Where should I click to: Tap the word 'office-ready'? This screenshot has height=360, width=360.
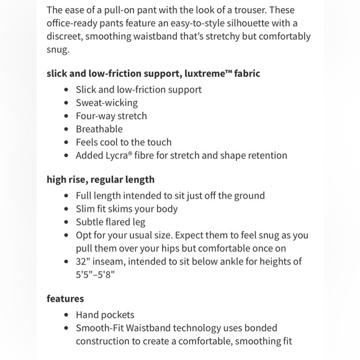74,23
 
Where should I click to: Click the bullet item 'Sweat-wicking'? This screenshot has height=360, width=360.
107,102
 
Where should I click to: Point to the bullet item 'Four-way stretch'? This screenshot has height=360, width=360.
111,115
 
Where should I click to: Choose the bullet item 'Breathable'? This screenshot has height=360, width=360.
99,129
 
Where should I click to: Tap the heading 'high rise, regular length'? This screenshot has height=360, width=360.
101,179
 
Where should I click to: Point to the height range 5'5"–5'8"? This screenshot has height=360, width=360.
96,275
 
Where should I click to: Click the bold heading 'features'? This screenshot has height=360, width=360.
65,299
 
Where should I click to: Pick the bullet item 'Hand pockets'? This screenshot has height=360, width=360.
105,315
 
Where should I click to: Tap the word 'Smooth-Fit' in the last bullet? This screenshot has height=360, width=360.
102,328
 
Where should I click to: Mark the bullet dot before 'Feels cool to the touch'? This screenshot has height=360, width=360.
66,143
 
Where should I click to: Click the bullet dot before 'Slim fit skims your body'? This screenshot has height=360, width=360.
66,209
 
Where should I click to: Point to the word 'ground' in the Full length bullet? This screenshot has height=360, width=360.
248,196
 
